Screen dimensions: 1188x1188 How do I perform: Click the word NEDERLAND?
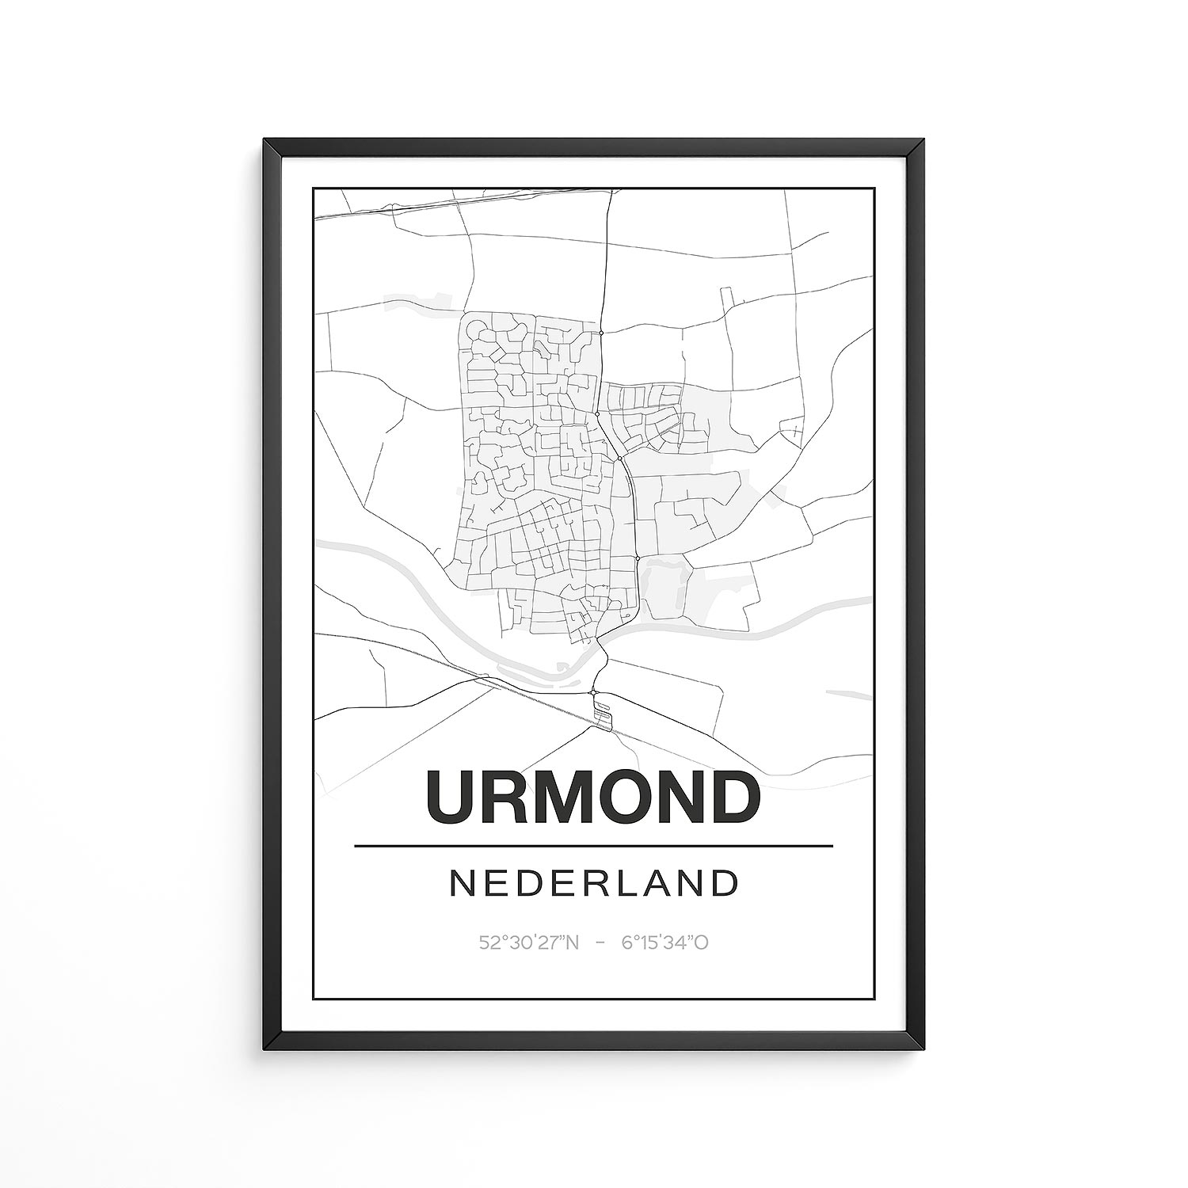[x=594, y=884]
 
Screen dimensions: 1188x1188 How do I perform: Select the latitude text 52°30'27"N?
[x=529, y=942]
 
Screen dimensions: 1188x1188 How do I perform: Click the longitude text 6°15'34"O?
[x=664, y=942]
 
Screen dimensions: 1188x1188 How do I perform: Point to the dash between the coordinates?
[x=600, y=942]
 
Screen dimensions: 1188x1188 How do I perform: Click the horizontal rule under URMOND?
[x=594, y=846]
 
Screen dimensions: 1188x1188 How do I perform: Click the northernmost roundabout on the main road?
[x=601, y=333]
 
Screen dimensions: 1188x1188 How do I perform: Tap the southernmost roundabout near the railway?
[x=592, y=692]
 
